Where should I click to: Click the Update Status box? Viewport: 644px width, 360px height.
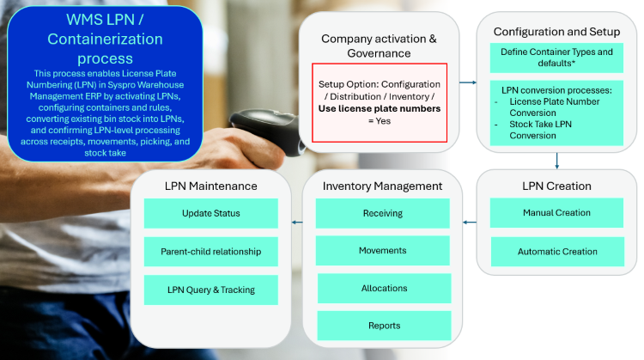point(210,213)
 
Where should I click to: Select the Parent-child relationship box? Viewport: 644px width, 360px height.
point(210,252)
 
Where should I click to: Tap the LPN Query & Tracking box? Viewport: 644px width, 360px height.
point(210,290)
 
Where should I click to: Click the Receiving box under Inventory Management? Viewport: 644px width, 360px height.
point(382,213)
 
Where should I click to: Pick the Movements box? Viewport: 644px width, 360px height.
point(382,250)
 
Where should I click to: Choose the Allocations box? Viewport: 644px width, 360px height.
point(384,288)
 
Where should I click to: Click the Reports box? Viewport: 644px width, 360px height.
point(384,326)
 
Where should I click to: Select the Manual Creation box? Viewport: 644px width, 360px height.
point(556,213)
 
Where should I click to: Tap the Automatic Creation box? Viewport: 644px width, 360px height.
point(557,252)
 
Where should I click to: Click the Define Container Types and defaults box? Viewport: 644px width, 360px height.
point(556,58)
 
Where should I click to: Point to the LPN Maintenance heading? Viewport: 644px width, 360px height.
point(210,186)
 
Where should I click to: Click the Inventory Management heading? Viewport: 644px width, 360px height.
point(382,186)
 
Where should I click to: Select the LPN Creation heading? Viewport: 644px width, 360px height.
point(556,186)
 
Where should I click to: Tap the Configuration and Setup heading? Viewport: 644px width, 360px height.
point(556,32)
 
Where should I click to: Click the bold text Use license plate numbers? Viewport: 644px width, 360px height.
point(379,108)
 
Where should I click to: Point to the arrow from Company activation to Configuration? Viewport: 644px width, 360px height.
point(468,82)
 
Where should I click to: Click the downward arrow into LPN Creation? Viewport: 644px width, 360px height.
point(557,161)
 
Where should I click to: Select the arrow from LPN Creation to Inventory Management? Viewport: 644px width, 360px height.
point(470,223)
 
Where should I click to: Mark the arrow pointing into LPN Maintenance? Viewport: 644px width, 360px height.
point(297,223)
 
